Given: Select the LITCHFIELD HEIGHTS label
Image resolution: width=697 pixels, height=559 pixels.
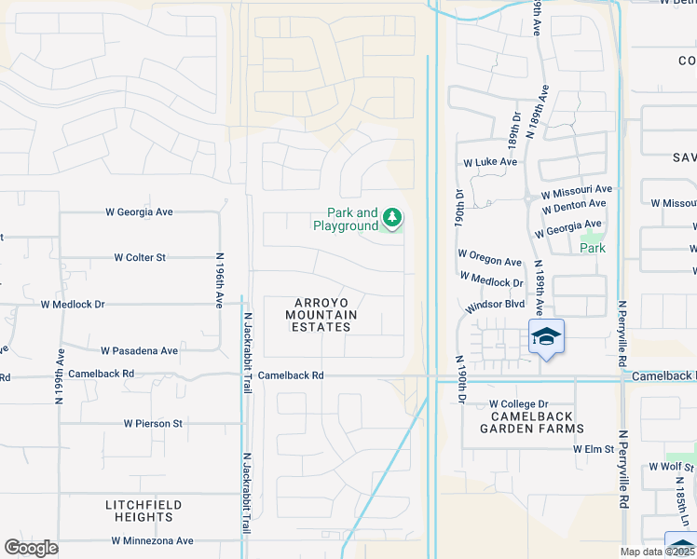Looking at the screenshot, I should [143, 511].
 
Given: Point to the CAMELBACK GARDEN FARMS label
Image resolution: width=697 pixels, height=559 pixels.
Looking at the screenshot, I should [531, 422].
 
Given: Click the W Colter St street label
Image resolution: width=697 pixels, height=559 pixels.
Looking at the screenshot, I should [140, 257].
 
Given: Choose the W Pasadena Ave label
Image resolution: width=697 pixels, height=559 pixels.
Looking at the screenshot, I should [139, 351].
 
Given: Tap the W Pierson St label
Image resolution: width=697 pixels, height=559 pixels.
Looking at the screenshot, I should [154, 423].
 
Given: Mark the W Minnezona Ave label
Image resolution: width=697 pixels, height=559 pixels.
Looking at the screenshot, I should [152, 540].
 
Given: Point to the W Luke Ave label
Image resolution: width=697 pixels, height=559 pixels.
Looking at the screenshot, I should [490, 161].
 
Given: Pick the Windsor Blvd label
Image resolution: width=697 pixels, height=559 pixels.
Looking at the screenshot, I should [496, 305].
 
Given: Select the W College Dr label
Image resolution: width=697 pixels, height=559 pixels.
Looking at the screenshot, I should [516, 403].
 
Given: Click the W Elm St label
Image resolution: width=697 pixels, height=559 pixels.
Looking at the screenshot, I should [594, 448].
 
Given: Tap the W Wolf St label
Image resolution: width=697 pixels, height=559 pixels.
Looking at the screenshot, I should [672, 466].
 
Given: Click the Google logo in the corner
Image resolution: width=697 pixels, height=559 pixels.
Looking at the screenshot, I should [31, 548].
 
